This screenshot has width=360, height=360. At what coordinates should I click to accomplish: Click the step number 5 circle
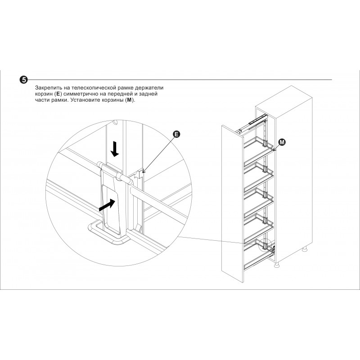(23, 80)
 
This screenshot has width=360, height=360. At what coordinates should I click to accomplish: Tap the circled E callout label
(176, 135)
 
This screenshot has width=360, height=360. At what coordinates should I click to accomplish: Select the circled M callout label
(282, 142)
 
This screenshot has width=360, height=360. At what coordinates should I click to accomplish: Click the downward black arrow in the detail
(115, 149)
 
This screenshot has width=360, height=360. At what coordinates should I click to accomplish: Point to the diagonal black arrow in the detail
(107, 205)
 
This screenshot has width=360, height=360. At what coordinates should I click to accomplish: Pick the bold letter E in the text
(58, 94)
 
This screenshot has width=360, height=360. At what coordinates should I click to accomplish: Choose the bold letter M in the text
(129, 100)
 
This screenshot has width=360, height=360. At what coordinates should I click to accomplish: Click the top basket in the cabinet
(258, 149)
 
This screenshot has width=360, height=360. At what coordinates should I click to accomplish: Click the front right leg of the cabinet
(277, 265)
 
